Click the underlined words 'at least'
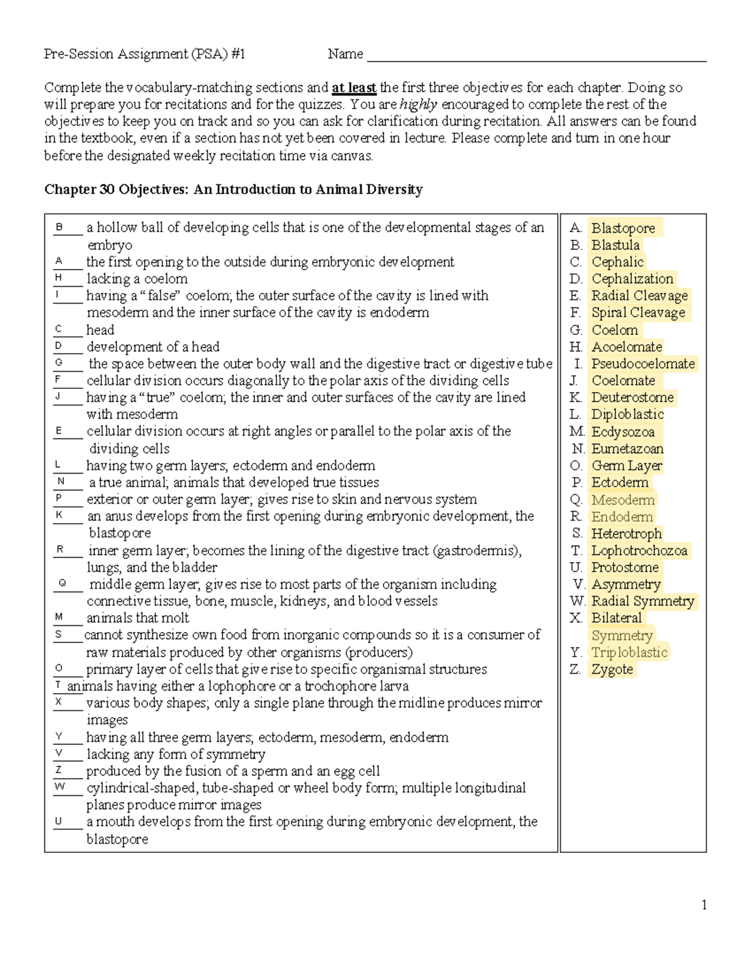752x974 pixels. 354,88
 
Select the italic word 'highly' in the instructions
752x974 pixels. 419,105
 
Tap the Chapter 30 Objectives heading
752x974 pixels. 233,189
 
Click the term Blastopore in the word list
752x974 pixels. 623,228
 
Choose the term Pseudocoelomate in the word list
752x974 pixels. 643,364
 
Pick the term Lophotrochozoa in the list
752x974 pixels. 639,551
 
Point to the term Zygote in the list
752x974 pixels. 612,669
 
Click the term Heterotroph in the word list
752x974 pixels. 626,534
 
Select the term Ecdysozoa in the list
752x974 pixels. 623,431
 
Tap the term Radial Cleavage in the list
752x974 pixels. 639,296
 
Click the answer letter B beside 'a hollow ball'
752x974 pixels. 60,227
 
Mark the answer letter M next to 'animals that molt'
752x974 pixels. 59,617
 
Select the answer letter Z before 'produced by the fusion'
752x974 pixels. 59,770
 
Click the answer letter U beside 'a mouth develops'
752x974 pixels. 58,821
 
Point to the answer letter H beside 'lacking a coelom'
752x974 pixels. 58,278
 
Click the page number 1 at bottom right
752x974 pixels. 704,904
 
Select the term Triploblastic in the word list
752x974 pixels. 629,652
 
